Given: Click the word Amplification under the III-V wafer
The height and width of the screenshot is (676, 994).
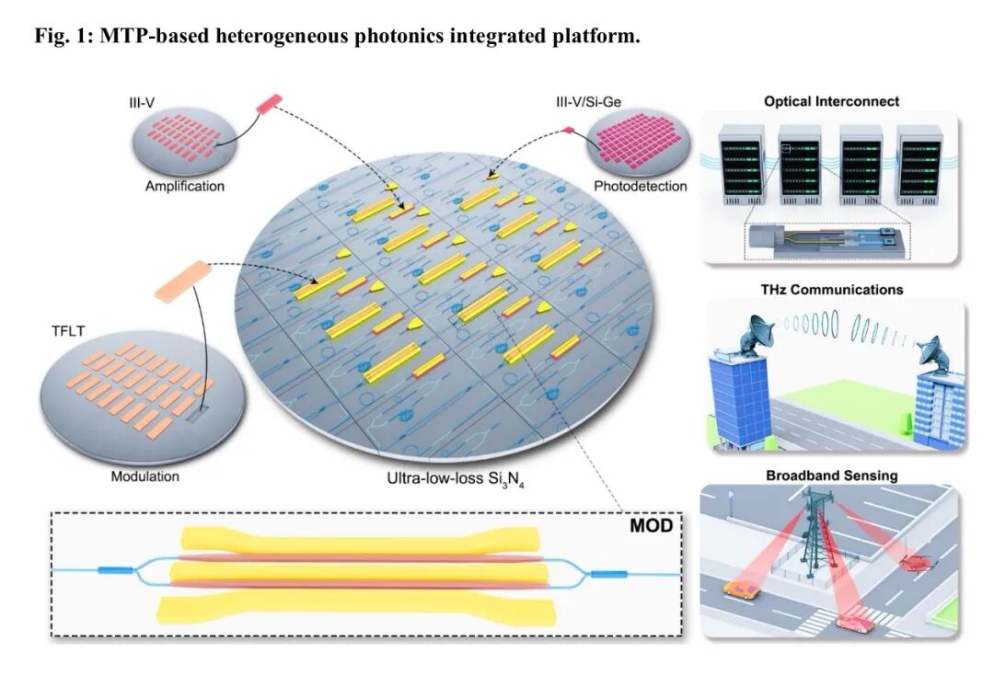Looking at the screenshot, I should pyautogui.click(x=184, y=186).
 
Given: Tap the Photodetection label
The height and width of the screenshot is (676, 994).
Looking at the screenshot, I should pyautogui.click(x=640, y=186).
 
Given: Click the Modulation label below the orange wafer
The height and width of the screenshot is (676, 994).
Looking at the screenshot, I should pyautogui.click(x=144, y=476).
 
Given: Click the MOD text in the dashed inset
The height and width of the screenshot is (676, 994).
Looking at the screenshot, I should pyautogui.click(x=651, y=526).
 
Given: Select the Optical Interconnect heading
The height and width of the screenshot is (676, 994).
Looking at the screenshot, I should pyautogui.click(x=831, y=101).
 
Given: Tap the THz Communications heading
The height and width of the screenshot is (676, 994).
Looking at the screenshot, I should pyautogui.click(x=831, y=289).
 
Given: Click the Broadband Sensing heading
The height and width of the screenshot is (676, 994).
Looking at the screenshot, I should pyautogui.click(x=831, y=475).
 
